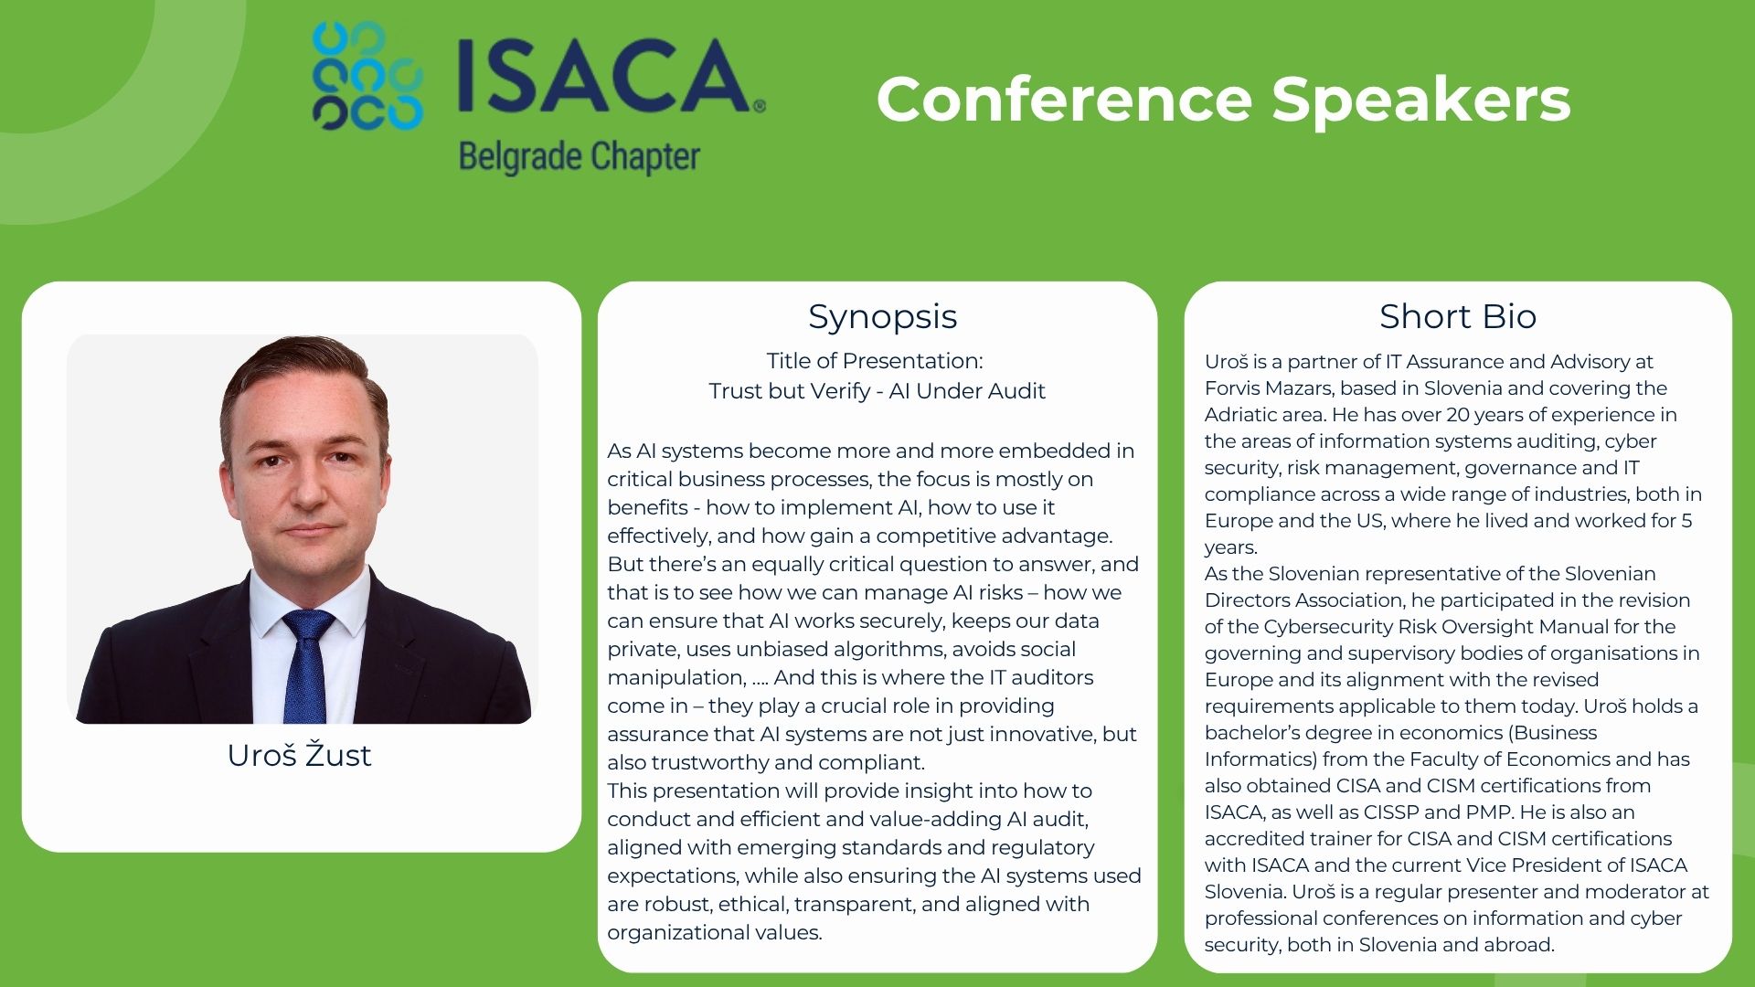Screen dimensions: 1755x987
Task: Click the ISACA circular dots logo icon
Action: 367,76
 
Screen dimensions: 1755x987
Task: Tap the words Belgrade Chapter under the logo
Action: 580,157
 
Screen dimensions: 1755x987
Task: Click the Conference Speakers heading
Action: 1223,99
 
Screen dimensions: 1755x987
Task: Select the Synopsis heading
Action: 882,316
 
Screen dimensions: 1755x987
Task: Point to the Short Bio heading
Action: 1458,316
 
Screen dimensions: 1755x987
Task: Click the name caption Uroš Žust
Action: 300,755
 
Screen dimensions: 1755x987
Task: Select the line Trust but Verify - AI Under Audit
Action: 877,391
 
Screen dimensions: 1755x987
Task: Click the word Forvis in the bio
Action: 1231,387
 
